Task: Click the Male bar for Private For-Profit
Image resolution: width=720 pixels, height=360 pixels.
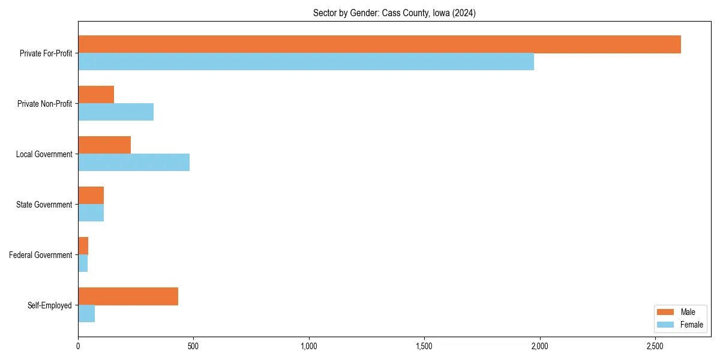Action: tap(379, 44)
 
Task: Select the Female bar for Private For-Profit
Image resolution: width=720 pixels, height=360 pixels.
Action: tap(306, 62)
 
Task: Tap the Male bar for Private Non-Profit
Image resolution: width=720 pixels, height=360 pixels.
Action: tap(96, 95)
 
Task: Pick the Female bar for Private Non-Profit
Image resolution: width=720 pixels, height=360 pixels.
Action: tap(116, 112)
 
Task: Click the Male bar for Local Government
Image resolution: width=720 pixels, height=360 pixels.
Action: tap(104, 145)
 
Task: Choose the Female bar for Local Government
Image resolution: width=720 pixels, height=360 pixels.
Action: tap(134, 163)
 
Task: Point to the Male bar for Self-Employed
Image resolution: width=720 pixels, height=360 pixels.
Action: tap(128, 296)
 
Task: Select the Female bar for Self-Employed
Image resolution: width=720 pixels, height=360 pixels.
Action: tap(86, 314)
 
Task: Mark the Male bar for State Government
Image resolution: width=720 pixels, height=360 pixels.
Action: tap(91, 196)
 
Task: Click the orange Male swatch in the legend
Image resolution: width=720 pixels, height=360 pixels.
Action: tap(666, 312)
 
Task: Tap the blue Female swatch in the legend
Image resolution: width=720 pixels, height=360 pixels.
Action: tap(666, 325)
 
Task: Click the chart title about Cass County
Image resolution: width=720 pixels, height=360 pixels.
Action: tap(394, 13)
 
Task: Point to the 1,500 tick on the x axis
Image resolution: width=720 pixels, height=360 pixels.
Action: tap(424, 346)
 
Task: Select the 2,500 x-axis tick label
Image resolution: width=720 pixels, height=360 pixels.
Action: tap(655, 346)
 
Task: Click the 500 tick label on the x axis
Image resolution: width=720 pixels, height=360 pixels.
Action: tap(193, 346)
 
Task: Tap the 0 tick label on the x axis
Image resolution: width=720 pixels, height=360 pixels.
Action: tap(78, 346)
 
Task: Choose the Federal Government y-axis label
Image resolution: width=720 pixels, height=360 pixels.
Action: tap(41, 255)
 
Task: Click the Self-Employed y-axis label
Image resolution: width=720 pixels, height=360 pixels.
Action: tap(50, 305)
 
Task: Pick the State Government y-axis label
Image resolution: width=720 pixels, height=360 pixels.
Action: tap(44, 205)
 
